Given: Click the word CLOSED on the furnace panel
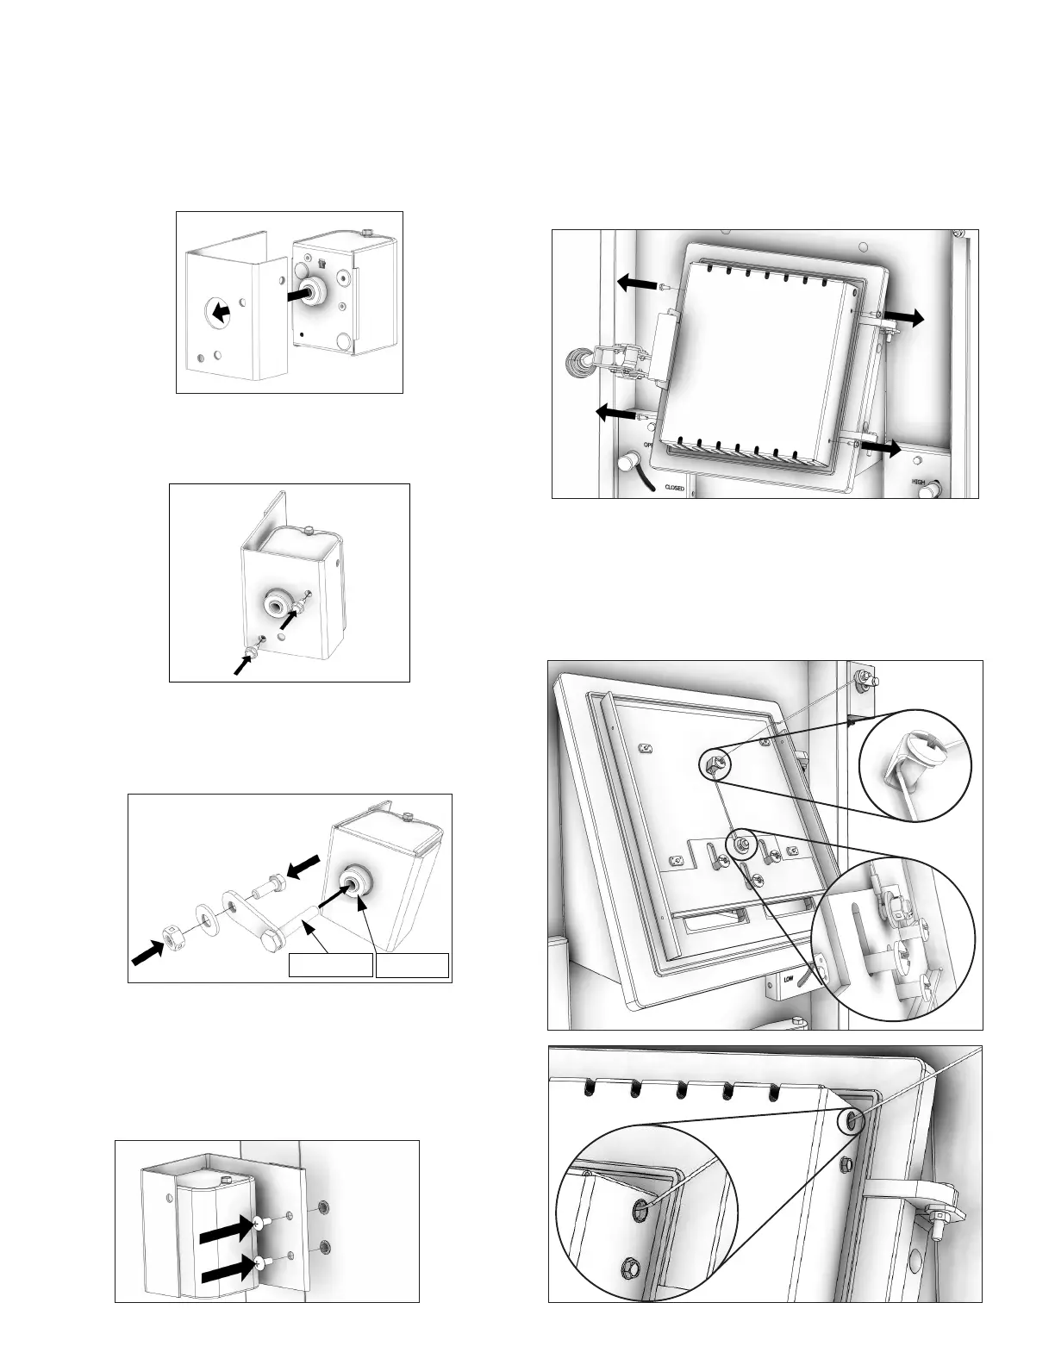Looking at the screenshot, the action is coord(674,488).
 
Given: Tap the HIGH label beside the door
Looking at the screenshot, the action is coord(919,483).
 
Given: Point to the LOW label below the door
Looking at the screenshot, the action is coord(788,978).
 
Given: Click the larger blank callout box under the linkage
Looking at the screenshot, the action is coord(330,965).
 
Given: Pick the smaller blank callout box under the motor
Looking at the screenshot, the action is coord(413,965).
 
